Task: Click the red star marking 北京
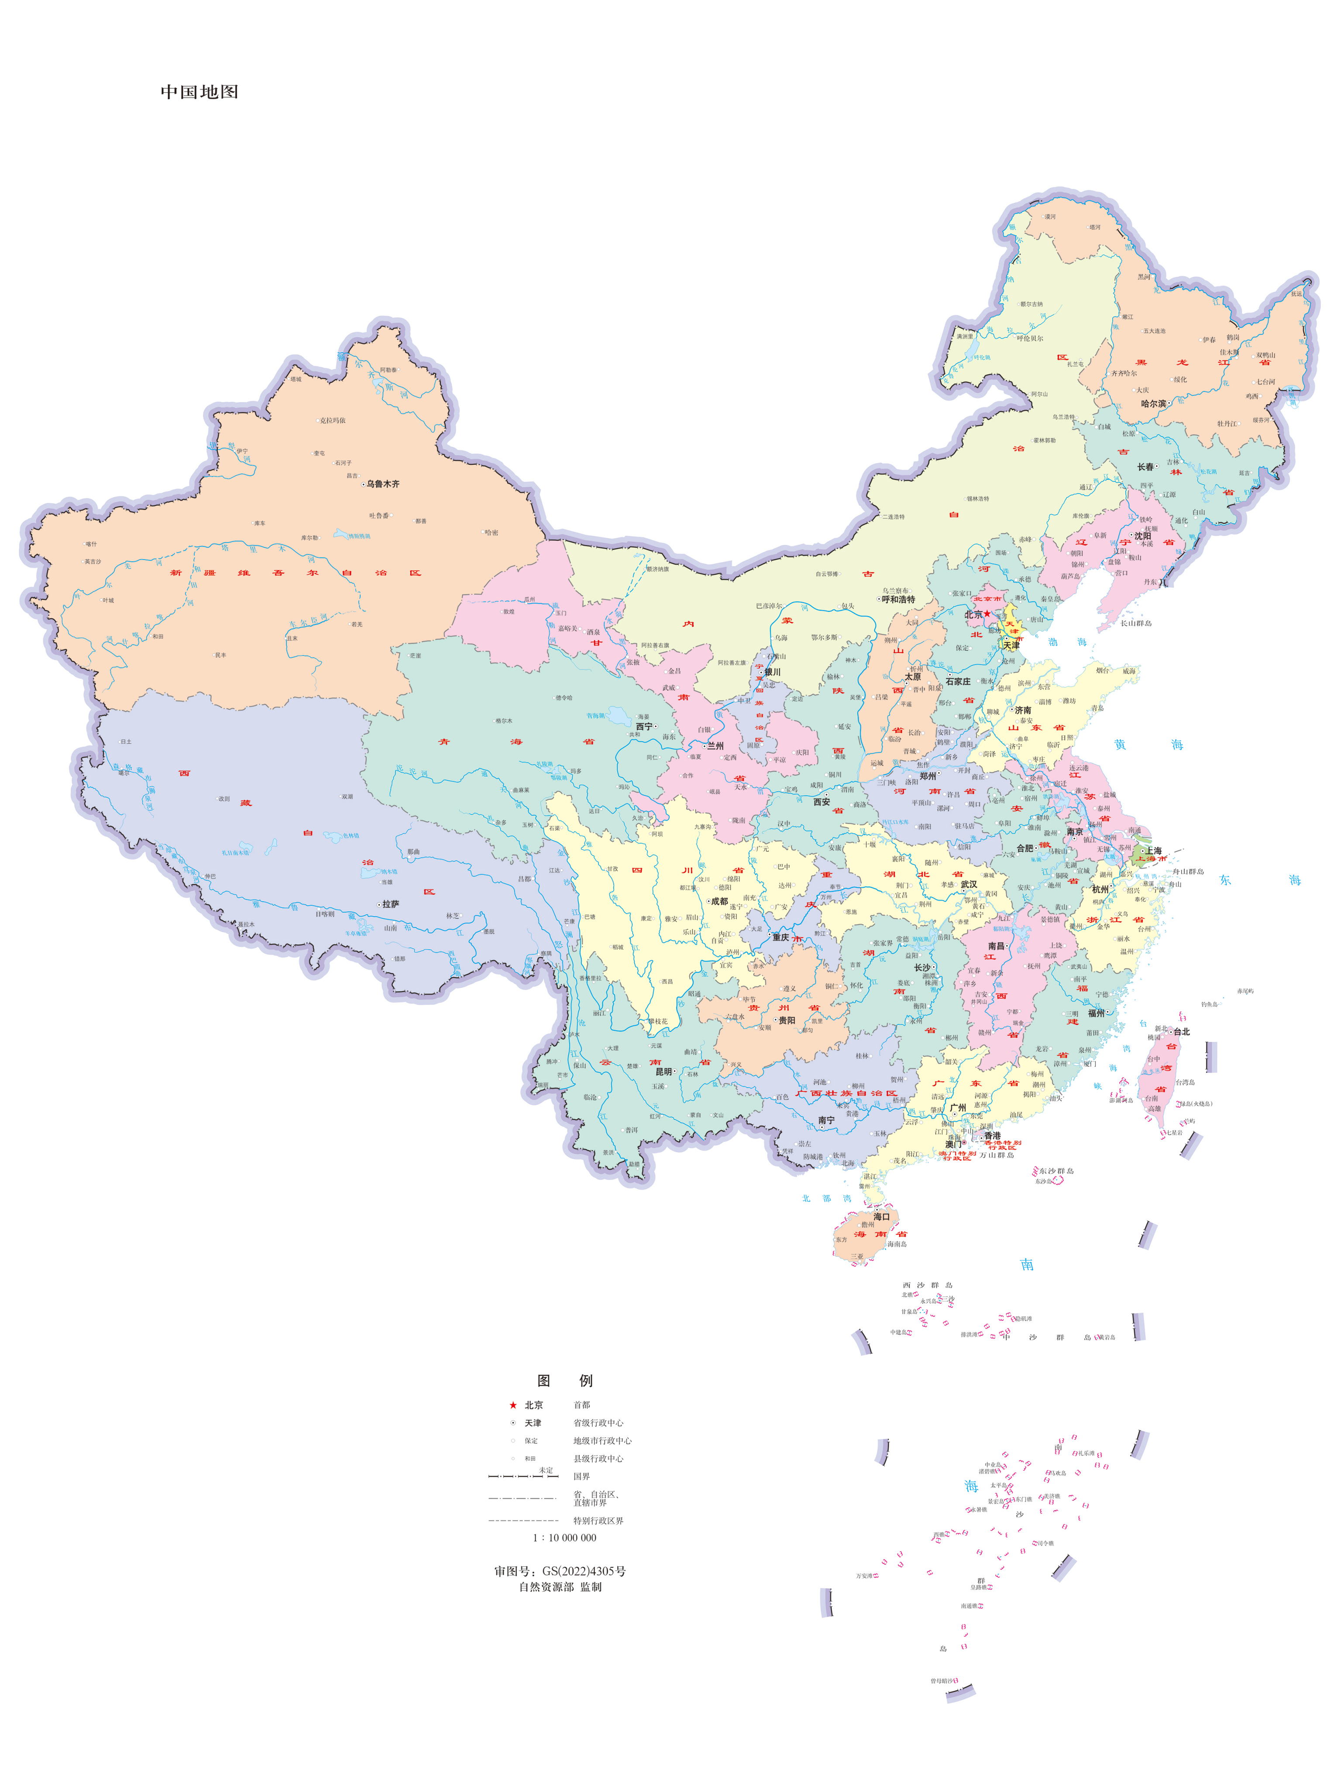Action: click(987, 614)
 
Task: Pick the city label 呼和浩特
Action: click(898, 599)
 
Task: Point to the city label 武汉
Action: click(968, 884)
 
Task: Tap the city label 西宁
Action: click(643, 727)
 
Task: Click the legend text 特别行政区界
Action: click(598, 1520)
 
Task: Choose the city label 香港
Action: click(991, 1135)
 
